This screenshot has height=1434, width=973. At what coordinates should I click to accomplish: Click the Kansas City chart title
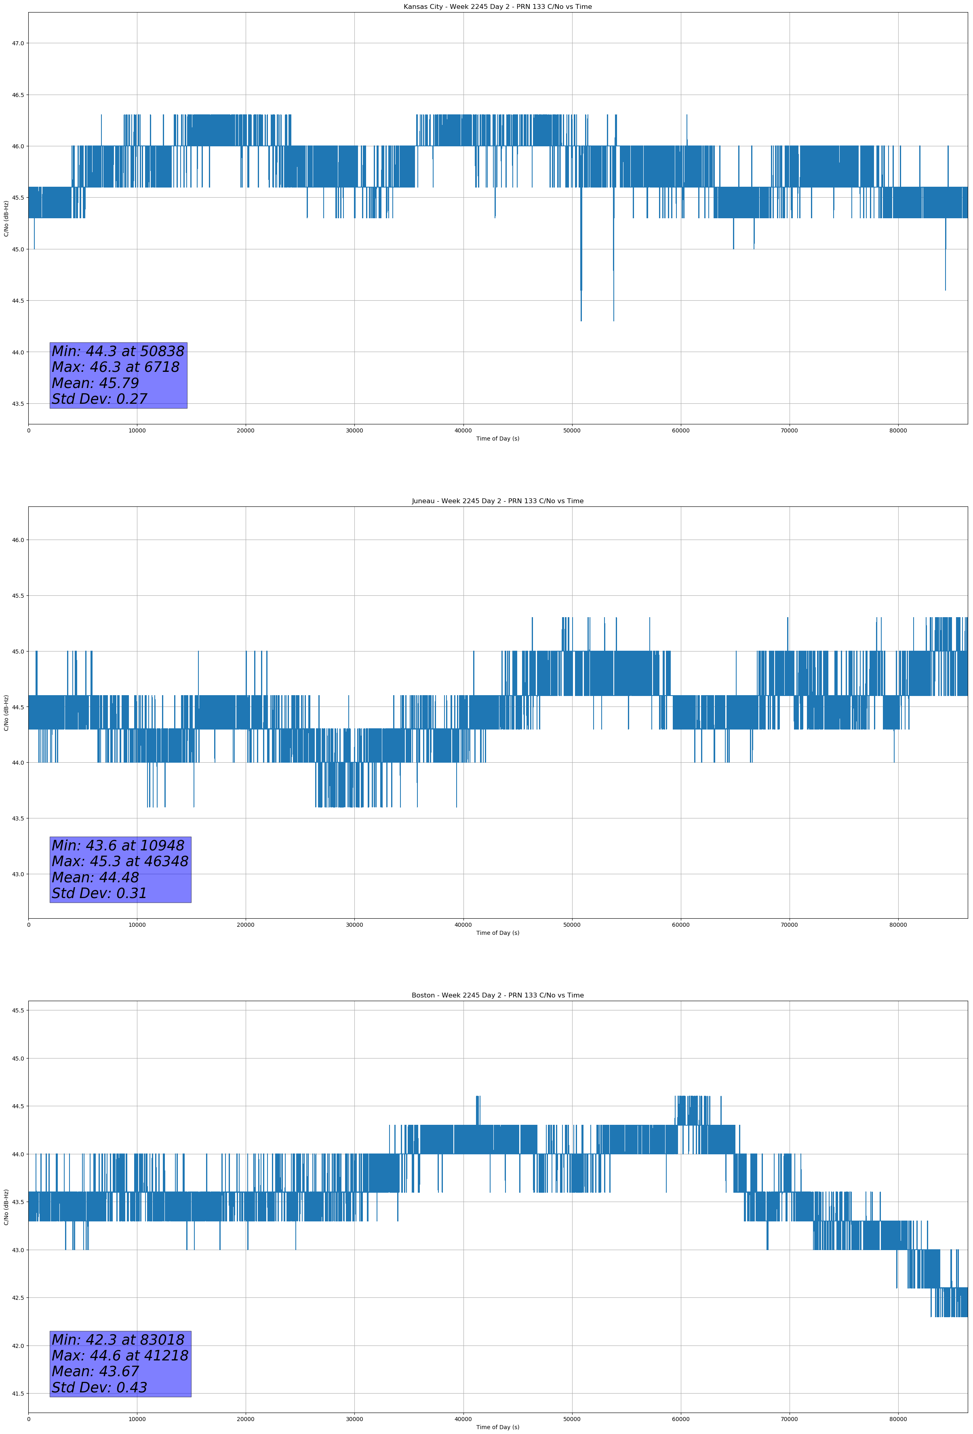coord(497,7)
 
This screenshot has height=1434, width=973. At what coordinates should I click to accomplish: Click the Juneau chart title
coord(497,501)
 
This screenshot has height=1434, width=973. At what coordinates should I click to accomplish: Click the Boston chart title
coord(497,995)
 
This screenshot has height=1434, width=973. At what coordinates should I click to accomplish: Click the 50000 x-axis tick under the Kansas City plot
coord(572,431)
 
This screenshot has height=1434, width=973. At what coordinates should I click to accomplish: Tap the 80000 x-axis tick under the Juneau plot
coord(898,925)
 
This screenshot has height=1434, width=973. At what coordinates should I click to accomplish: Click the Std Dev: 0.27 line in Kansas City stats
coord(99,399)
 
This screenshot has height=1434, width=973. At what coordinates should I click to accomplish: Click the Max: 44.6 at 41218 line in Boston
coord(120,1356)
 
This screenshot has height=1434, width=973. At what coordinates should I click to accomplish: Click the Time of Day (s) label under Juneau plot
coord(497,933)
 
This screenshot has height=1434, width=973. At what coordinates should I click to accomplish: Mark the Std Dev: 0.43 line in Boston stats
coord(99,1388)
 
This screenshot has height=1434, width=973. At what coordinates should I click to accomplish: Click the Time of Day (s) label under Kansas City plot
coord(497,439)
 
